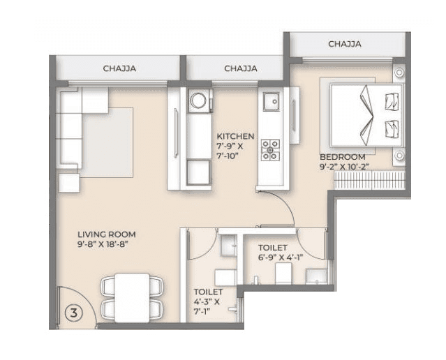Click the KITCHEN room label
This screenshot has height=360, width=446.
click(235, 136)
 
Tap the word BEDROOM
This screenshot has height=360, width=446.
click(343, 157)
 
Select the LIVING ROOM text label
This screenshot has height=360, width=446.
click(107, 234)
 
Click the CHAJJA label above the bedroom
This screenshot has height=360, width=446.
click(345, 44)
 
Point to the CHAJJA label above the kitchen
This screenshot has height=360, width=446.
click(241, 68)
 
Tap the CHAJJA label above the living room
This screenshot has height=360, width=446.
click(119, 68)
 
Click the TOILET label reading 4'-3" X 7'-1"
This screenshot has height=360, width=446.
click(209, 301)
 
